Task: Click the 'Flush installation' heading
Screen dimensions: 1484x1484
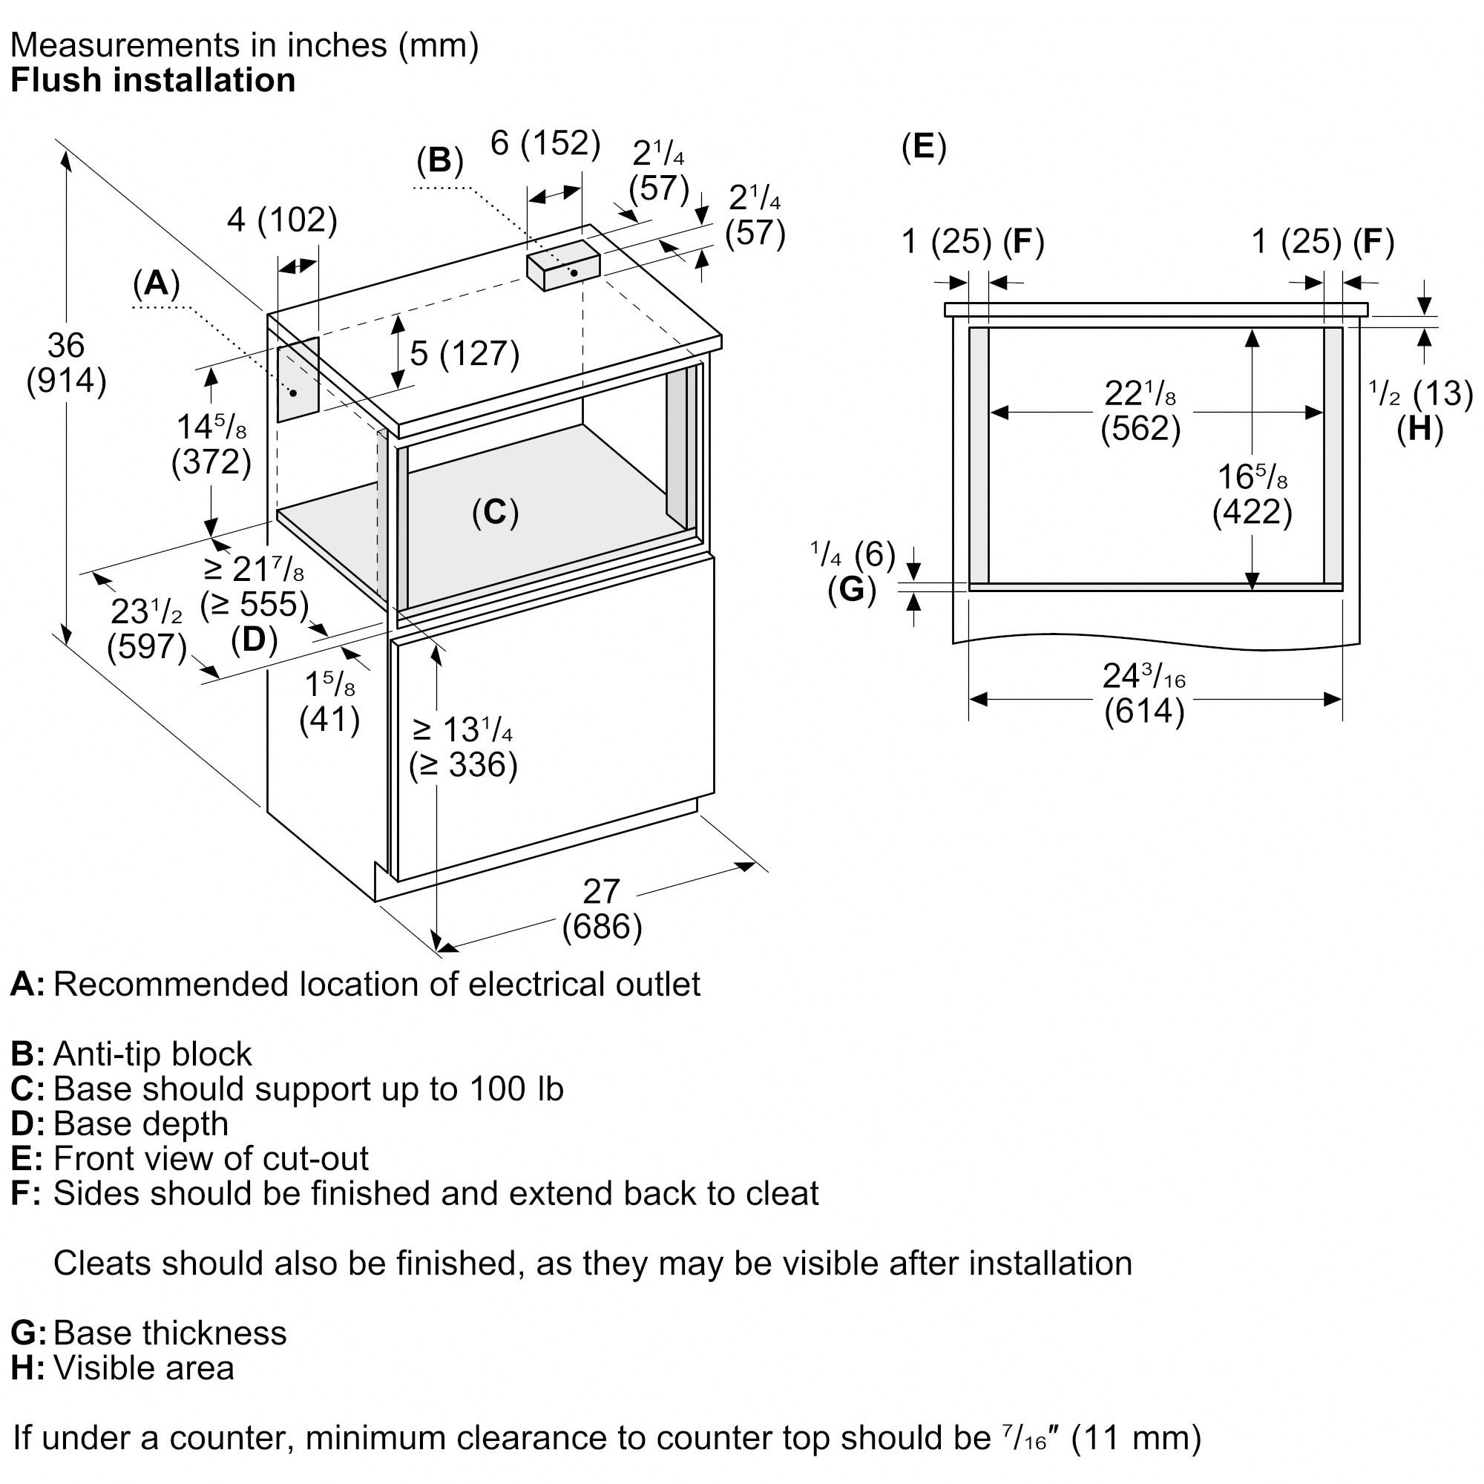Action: [153, 81]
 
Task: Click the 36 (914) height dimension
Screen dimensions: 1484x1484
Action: [66, 364]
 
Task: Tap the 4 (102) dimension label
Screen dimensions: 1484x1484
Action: [282, 220]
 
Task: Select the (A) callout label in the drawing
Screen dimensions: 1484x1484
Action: [156, 283]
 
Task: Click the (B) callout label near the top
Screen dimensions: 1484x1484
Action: [439, 160]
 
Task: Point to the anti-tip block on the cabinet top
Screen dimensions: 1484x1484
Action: [562, 265]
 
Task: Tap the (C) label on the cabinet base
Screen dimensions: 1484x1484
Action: [496, 512]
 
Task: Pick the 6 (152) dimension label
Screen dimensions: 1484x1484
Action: [545, 144]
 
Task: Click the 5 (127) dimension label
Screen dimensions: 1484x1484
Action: [464, 353]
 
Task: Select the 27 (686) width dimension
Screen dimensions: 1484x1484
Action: [602, 910]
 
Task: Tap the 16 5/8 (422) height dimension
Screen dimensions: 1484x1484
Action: [1252, 494]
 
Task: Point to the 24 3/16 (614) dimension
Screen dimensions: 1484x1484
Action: [1143, 694]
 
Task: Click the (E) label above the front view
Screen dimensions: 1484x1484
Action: [923, 146]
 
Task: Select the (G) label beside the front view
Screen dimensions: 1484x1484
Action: [852, 589]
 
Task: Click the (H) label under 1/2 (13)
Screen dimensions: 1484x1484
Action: [1419, 429]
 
